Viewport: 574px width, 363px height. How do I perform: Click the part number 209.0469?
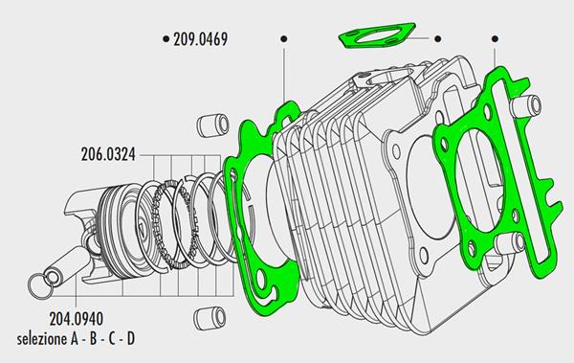(200, 39)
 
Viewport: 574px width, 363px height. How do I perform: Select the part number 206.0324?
(108, 154)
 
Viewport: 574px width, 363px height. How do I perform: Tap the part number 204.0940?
(77, 319)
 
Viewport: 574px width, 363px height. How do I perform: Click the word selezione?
(42, 339)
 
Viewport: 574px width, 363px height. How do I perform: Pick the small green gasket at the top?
(376, 35)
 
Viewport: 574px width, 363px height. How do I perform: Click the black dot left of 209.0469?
(166, 38)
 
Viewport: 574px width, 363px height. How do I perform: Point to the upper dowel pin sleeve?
(212, 125)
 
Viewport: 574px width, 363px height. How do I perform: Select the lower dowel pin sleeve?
(210, 318)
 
